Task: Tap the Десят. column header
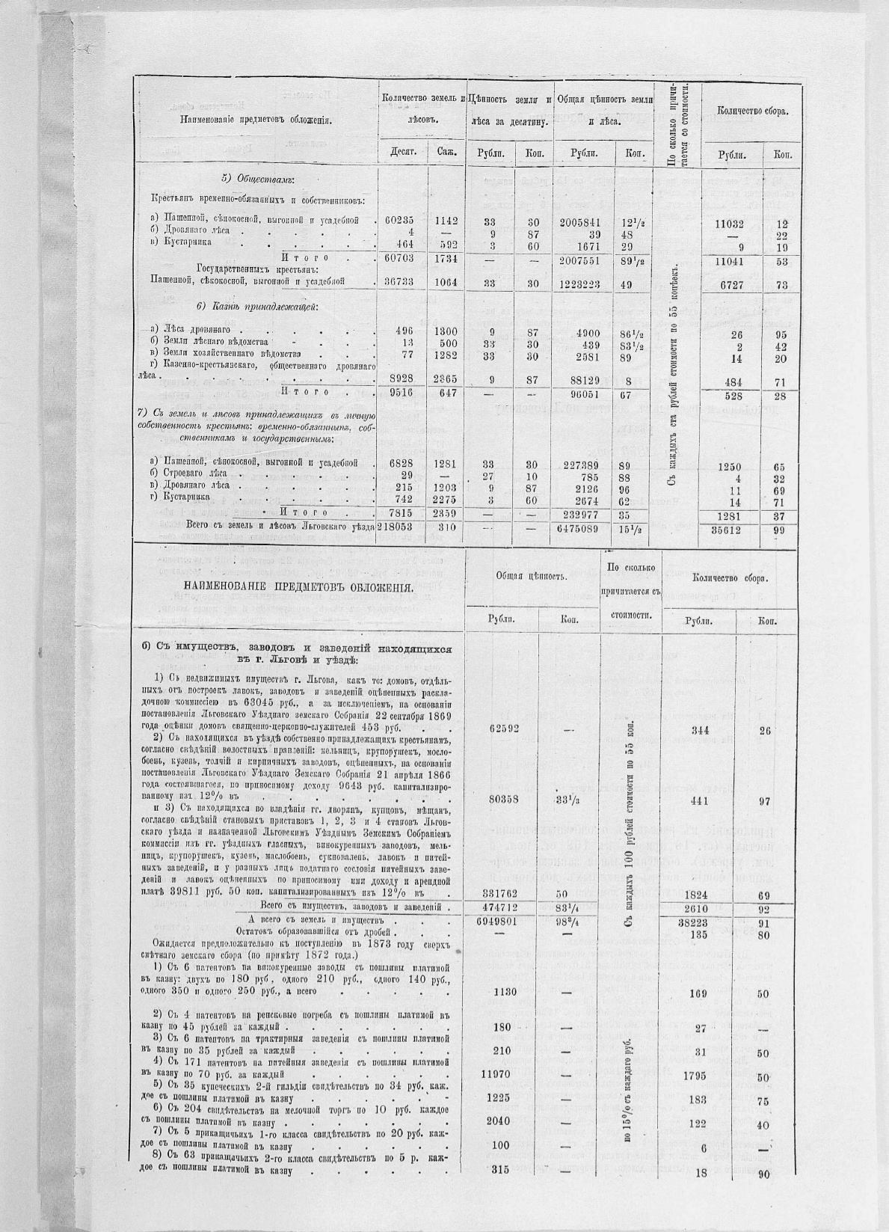click(403, 153)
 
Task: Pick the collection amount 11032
click(730, 223)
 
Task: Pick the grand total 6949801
click(508, 922)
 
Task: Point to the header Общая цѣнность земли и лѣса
click(605, 109)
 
